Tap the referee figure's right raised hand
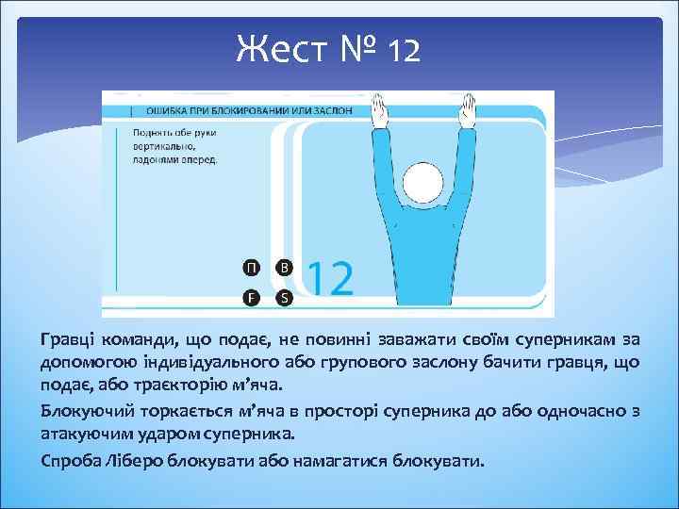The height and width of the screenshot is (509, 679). (467, 113)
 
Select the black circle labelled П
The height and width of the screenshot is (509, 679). (252, 267)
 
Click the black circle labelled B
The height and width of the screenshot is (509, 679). (284, 267)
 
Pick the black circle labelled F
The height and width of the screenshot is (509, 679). (252, 298)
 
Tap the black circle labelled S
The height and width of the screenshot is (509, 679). (284, 298)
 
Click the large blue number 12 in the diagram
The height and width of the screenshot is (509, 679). (330, 280)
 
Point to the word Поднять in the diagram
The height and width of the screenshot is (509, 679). (154, 133)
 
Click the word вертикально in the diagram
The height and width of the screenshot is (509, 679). (164, 146)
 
